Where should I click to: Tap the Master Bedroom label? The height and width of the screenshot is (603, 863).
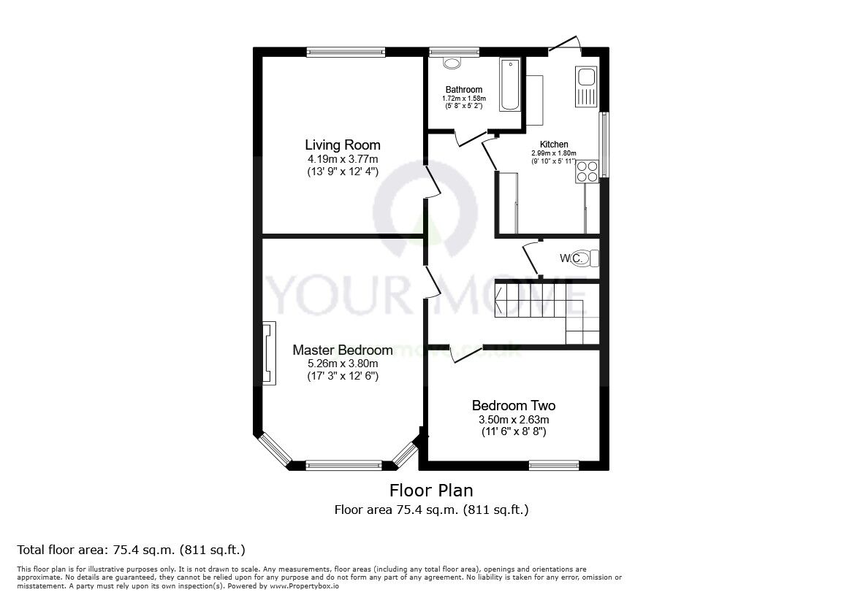click(x=343, y=350)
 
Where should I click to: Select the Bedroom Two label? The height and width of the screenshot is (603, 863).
click(x=514, y=406)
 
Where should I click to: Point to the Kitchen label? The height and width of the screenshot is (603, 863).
click(x=554, y=145)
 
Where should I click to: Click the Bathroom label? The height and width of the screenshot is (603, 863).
click(x=465, y=90)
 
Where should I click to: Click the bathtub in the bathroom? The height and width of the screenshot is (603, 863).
click(x=509, y=85)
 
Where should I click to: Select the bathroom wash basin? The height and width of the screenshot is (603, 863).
click(x=452, y=64)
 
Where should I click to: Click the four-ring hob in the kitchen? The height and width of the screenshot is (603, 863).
click(x=588, y=171)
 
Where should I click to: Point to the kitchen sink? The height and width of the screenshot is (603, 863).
click(x=587, y=86)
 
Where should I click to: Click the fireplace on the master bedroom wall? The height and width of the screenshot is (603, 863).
click(x=270, y=353)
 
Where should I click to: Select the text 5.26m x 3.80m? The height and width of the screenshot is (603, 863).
click(x=343, y=364)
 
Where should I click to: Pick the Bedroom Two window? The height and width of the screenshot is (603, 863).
click(x=554, y=464)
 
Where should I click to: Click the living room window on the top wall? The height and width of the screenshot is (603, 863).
click(x=346, y=51)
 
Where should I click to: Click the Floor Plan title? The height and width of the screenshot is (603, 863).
click(x=431, y=489)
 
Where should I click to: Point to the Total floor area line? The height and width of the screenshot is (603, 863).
click(x=131, y=550)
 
